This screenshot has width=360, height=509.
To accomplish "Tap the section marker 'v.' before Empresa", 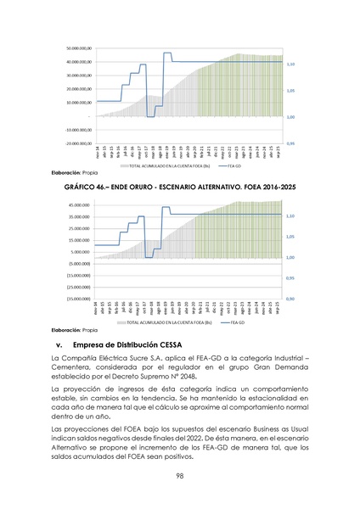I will (59, 345).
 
